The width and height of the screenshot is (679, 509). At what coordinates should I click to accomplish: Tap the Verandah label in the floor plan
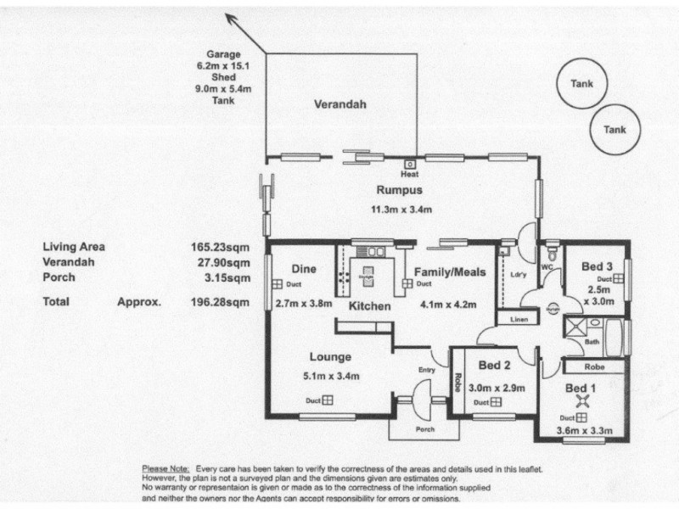[339, 105]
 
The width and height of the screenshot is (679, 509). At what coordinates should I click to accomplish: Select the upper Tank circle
[581, 84]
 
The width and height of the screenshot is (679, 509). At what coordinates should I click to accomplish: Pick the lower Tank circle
[614, 130]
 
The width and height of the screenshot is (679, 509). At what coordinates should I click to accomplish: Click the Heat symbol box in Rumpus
[410, 164]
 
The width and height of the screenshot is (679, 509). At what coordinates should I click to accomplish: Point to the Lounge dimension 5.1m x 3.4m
[330, 376]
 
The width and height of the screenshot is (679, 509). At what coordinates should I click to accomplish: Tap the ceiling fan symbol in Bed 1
[582, 400]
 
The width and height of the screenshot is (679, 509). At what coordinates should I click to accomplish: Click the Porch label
[425, 429]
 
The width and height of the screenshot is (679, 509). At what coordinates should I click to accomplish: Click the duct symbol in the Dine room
[277, 284]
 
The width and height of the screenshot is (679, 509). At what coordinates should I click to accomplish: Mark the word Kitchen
[370, 305]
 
